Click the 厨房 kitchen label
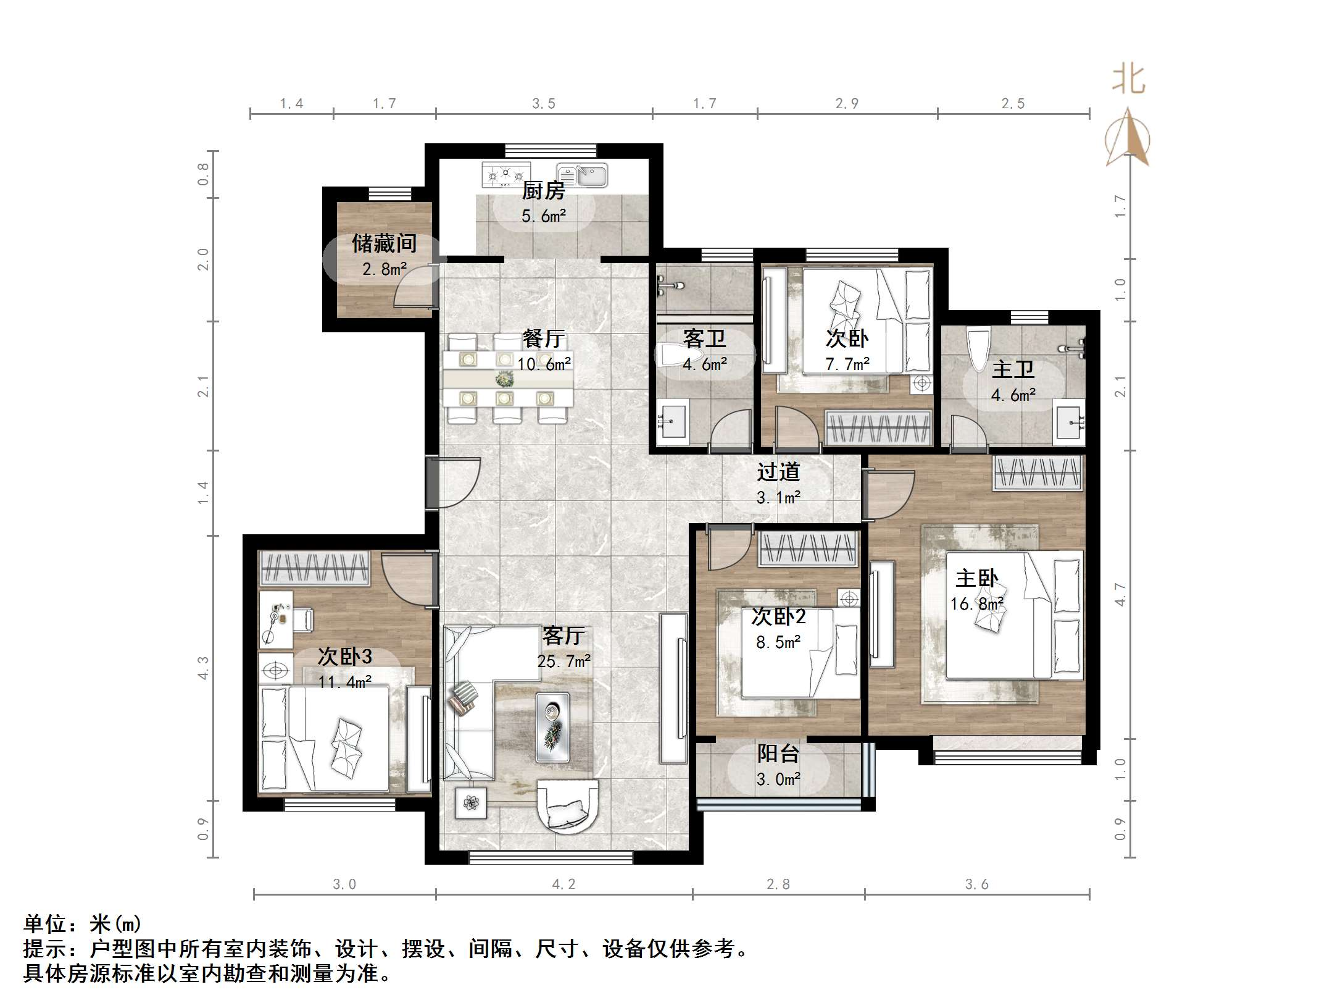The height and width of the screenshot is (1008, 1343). [543, 191]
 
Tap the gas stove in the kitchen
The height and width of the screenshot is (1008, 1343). [506, 175]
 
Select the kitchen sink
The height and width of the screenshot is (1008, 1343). [582, 175]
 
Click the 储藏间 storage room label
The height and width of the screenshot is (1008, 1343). [384, 243]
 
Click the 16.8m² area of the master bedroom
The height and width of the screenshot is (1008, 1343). [976, 603]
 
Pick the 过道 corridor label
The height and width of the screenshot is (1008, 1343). [778, 472]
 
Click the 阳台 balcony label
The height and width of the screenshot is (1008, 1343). [778, 754]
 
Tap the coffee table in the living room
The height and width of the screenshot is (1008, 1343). [552, 727]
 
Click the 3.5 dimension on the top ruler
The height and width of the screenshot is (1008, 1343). [544, 104]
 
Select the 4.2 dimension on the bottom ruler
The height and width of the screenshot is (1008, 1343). [563, 884]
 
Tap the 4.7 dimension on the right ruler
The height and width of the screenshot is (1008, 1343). [1121, 594]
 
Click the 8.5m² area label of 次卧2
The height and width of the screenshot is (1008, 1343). [778, 642]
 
